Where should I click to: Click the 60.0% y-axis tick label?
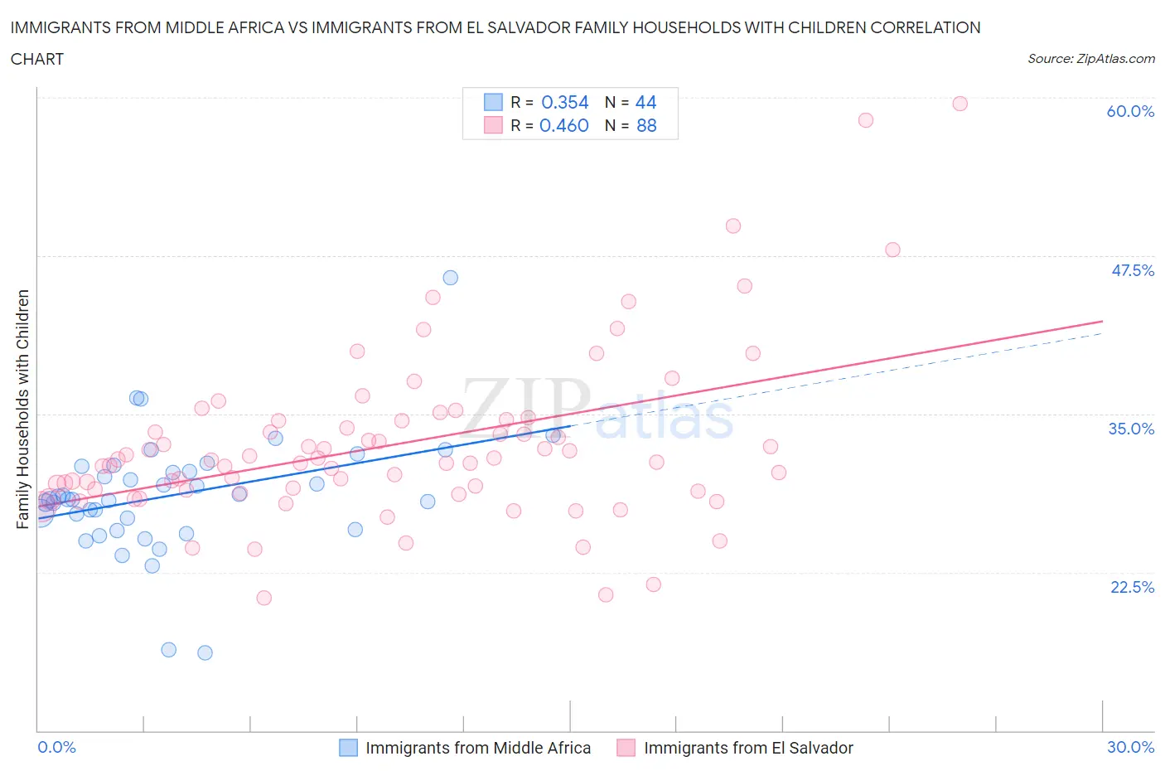click(x=1130, y=111)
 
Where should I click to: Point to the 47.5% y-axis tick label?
click(x=1132, y=270)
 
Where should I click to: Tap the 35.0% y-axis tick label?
click(x=1131, y=429)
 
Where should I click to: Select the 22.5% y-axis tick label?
click(x=1132, y=587)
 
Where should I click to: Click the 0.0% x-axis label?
click(x=56, y=747)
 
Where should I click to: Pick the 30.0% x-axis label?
click(x=1130, y=747)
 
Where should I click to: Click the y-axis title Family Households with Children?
click(x=22, y=409)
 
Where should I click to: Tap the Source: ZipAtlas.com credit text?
click(x=1090, y=59)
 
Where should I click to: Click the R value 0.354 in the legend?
click(x=564, y=102)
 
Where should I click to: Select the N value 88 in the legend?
click(x=646, y=125)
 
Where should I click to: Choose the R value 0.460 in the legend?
click(x=564, y=125)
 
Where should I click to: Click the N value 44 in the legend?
click(x=645, y=102)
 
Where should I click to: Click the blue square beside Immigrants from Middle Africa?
click(x=348, y=748)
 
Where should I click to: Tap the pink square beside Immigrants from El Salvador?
click(x=626, y=748)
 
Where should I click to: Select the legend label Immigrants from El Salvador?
click(x=748, y=748)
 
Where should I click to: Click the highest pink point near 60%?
click(x=960, y=104)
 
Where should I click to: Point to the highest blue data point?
click(x=450, y=278)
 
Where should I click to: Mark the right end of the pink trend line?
click(x=1102, y=321)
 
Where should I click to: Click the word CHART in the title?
click(x=37, y=59)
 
